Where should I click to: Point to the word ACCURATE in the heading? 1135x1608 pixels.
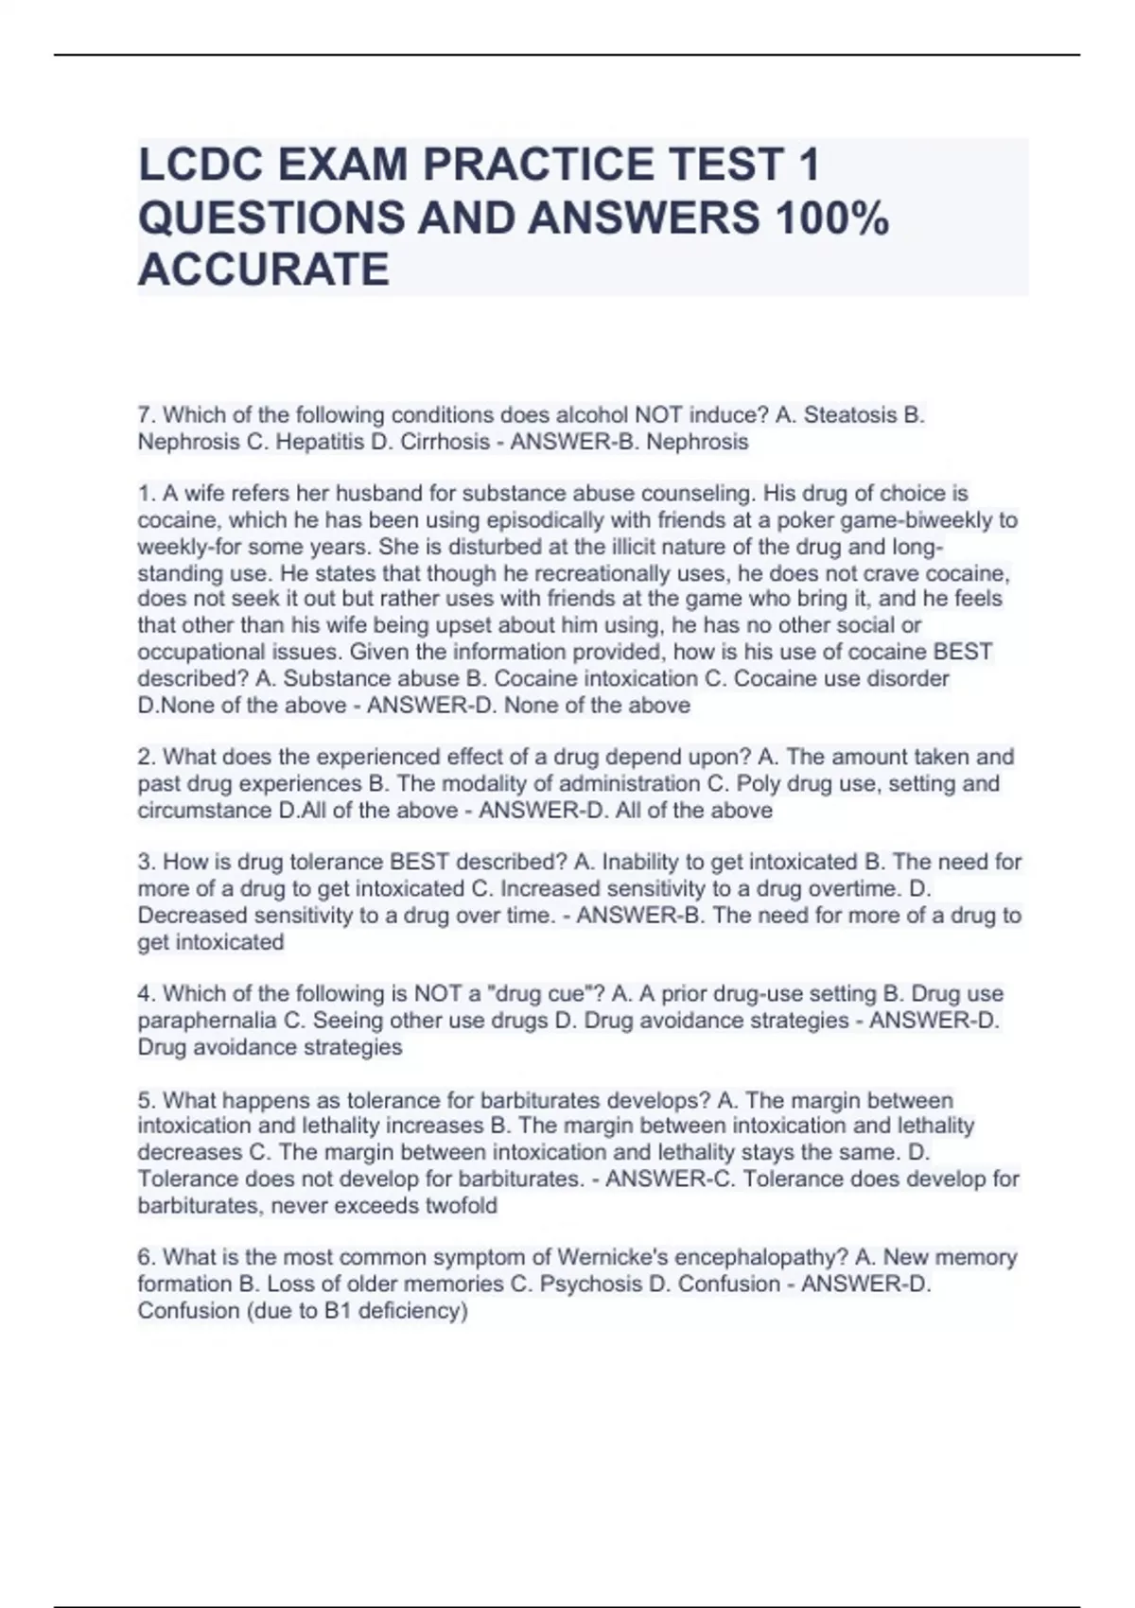(x=263, y=270)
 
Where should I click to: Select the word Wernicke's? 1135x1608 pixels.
(x=616, y=1257)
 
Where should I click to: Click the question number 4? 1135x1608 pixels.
(x=146, y=994)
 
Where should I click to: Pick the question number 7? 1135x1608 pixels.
(x=146, y=415)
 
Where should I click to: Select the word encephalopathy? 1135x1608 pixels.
(x=760, y=1257)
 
